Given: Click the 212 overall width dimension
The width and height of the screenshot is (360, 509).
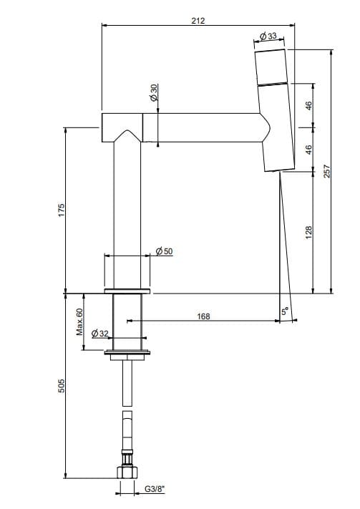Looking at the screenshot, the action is [x=198, y=21].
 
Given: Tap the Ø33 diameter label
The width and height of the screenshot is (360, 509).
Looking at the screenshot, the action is [x=268, y=36].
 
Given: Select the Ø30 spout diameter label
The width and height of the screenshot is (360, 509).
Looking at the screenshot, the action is [x=154, y=92].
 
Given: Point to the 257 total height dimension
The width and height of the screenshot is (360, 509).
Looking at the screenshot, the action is [x=326, y=171].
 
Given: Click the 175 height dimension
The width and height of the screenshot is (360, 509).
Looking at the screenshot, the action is [x=62, y=210].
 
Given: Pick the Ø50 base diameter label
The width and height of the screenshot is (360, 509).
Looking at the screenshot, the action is [x=165, y=251].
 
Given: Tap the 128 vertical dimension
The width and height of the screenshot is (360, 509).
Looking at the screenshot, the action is [x=308, y=233].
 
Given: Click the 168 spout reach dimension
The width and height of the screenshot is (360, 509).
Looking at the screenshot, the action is [x=203, y=316].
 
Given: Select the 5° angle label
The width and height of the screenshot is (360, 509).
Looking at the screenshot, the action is [x=285, y=311].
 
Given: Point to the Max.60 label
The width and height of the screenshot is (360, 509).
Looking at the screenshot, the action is [x=79, y=321].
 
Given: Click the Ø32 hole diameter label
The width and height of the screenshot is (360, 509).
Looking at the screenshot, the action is [x=100, y=334].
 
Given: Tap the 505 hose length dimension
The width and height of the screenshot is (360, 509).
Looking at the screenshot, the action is [x=62, y=386].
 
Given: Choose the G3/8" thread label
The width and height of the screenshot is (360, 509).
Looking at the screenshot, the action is [x=155, y=489].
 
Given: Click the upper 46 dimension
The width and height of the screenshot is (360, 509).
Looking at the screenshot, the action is [x=308, y=105].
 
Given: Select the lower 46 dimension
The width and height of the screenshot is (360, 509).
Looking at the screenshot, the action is [x=308, y=150].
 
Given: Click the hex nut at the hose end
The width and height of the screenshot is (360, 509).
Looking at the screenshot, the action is [x=127, y=472].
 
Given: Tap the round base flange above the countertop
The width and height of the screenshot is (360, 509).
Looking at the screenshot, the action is [x=127, y=291].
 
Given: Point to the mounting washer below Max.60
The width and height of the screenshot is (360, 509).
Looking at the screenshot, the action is [x=127, y=352].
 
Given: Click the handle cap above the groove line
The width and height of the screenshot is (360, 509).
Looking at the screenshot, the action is [x=271, y=67].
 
